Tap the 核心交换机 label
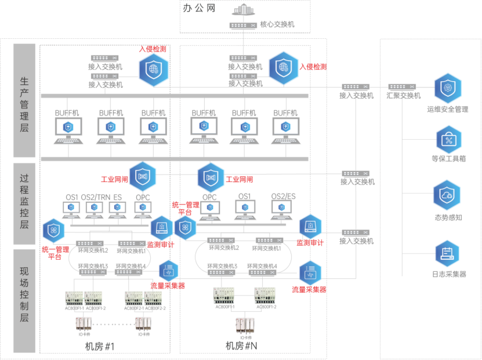[x=277, y=25]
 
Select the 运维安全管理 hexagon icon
[x=447, y=88]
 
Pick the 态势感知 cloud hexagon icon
[x=447, y=195]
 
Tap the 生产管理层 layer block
[x=24, y=100]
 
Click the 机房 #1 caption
[x=100, y=347]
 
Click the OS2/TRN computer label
[x=96, y=198]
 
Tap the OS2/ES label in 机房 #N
[x=284, y=197]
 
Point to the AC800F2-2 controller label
[x=156, y=308]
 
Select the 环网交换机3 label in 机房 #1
[x=94, y=266]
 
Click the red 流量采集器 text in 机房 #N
[x=309, y=289]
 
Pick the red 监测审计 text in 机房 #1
[x=161, y=245]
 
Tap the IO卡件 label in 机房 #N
[x=247, y=337]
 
